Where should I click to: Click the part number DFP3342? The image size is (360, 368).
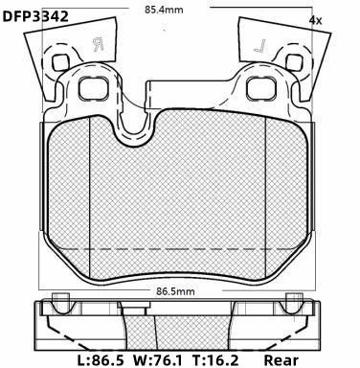click(35, 15)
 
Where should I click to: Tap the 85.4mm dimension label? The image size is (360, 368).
click(164, 10)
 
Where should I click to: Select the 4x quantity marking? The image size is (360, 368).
click(315, 21)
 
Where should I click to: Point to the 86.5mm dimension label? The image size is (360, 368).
click(175, 291)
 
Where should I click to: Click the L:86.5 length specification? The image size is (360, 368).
click(101, 360)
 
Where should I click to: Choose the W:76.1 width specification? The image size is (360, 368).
click(158, 360)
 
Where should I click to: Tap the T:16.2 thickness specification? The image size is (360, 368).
click(215, 360)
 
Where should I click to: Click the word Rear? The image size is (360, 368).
click(281, 360)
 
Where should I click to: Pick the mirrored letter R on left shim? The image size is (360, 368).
click(98, 45)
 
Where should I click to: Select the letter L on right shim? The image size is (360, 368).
click(260, 46)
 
